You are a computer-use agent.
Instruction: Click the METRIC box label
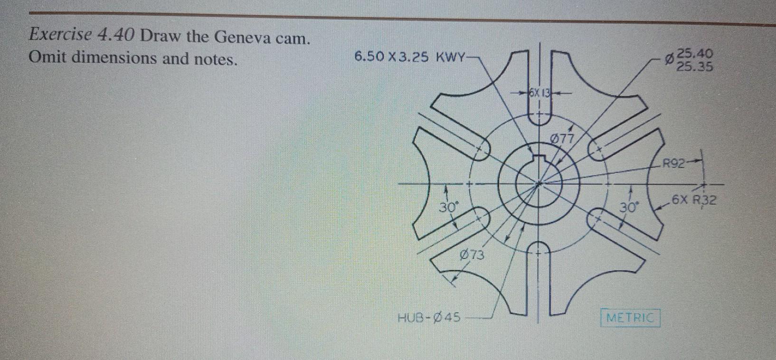630,318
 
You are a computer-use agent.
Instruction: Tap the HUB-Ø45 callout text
429,317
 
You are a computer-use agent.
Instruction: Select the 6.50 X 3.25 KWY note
409,57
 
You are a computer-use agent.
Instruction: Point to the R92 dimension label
674,165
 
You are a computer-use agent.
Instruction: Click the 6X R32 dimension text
693,199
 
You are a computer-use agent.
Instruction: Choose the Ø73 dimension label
472,255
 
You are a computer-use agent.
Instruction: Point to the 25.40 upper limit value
695,53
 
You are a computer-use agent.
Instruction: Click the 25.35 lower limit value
695,66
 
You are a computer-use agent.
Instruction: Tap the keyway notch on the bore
539,160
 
